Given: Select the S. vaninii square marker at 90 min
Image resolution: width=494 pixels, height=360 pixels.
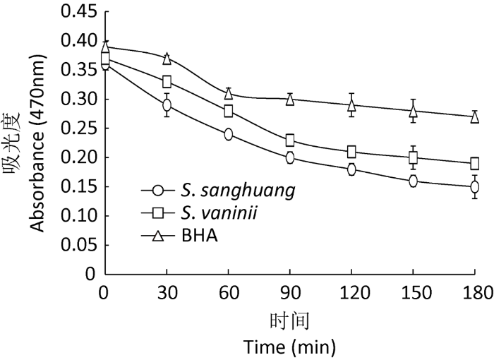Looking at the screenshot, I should pyautogui.click(x=290, y=140).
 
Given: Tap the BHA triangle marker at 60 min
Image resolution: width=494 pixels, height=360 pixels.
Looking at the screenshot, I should pyautogui.click(x=229, y=93).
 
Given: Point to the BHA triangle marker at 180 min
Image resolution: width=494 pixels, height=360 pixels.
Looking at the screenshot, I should pyautogui.click(x=475, y=116).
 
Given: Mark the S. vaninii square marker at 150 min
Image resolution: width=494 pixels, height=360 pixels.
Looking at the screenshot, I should pyautogui.click(x=414, y=157).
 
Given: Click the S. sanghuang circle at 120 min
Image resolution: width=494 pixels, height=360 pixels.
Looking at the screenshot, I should pyautogui.click(x=351, y=169).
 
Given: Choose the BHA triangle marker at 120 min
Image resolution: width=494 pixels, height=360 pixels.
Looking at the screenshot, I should pyautogui.click(x=351, y=105).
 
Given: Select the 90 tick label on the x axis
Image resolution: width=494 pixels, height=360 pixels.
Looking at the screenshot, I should pyautogui.click(x=290, y=291).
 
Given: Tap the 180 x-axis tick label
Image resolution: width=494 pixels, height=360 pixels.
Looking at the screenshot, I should pyautogui.click(x=475, y=291).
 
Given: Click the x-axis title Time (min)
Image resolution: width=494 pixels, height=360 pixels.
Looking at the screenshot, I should pyautogui.click(x=290, y=347).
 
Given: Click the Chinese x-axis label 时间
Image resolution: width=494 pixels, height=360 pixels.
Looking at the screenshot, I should pyautogui.click(x=290, y=320).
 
